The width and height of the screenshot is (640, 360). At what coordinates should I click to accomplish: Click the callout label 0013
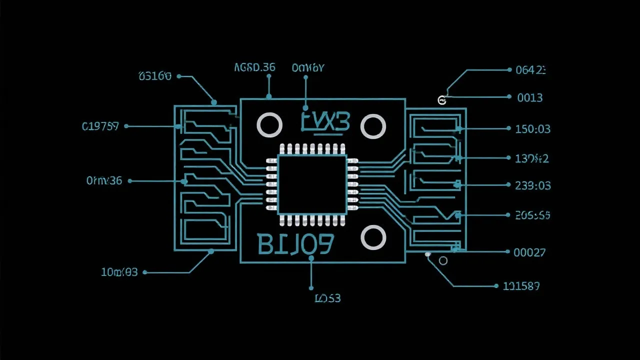pos(529,97)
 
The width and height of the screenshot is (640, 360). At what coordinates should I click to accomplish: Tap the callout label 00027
pos(529,252)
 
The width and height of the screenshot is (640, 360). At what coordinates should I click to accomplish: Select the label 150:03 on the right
pos(532,129)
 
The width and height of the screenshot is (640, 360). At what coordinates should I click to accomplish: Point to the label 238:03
pos(532,185)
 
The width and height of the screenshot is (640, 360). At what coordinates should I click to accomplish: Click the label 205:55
pos(532,215)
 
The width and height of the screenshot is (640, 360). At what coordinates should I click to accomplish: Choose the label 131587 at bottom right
pos(521,286)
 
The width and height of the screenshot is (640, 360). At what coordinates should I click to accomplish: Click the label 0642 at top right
pos(530,70)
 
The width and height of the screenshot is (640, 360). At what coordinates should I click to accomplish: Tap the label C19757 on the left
pos(100,126)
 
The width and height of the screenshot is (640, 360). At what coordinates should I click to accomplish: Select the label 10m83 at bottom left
pos(119,272)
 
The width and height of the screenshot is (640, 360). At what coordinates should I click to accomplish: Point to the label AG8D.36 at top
pos(254,67)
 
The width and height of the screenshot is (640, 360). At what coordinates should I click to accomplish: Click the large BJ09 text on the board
pos(295,244)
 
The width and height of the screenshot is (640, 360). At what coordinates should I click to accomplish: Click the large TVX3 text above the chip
pos(325,121)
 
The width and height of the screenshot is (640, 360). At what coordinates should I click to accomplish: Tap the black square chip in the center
pos(312,184)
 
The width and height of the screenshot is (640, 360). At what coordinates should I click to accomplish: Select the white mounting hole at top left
pos(269,125)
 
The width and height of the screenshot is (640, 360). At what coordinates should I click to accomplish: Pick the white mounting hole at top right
pos(372,126)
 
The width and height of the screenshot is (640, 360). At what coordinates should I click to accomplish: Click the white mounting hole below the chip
pos(373,237)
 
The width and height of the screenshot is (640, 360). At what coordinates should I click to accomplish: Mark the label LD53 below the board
pos(327,298)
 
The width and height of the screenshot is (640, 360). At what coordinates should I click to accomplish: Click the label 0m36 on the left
pos(104,180)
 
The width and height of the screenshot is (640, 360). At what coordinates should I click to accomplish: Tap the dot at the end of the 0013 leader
pos(508,97)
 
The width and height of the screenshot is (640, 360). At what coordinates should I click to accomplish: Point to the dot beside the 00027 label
pos(507,252)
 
